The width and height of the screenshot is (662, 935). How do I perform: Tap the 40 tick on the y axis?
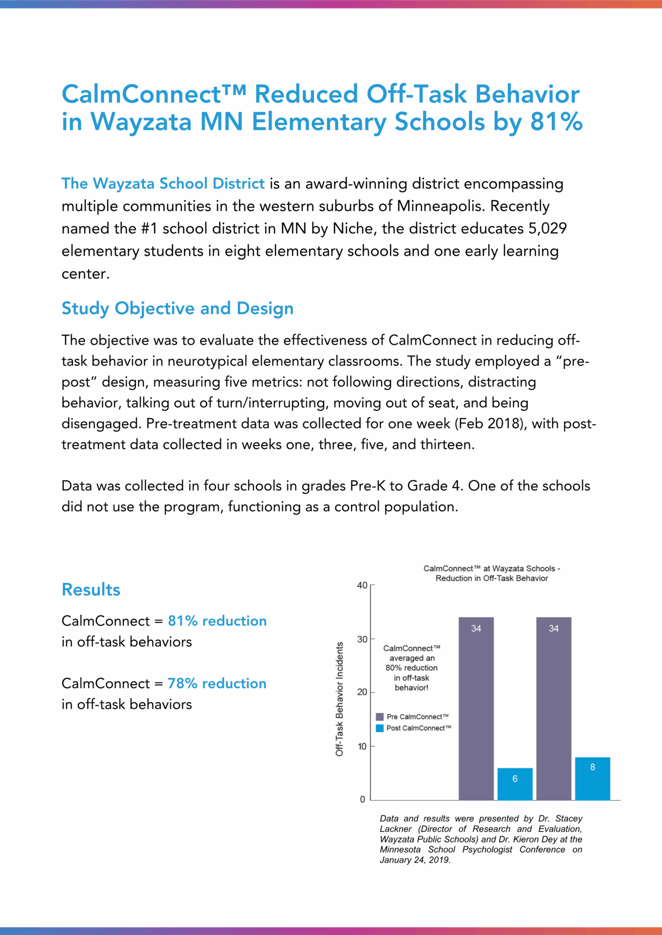point(362,585)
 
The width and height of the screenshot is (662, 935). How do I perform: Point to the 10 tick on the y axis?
point(362,746)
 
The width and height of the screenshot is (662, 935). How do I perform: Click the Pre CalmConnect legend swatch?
point(380,717)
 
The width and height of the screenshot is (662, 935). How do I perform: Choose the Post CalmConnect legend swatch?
point(380,728)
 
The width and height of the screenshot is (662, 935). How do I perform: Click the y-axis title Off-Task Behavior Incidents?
point(339,699)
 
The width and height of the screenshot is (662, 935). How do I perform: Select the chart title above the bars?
point(491,573)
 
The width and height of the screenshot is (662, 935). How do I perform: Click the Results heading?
point(91,590)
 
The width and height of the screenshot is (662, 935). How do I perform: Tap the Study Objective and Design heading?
point(177,308)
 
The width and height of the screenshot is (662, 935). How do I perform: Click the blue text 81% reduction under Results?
point(217,621)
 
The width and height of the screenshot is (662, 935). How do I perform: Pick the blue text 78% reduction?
point(217,683)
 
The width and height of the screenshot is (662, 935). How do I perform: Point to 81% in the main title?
point(556,122)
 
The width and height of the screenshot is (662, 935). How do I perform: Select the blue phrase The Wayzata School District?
point(163,184)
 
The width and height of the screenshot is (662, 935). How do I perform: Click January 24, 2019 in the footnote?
point(414,860)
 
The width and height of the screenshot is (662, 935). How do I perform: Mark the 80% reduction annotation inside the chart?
point(411,668)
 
